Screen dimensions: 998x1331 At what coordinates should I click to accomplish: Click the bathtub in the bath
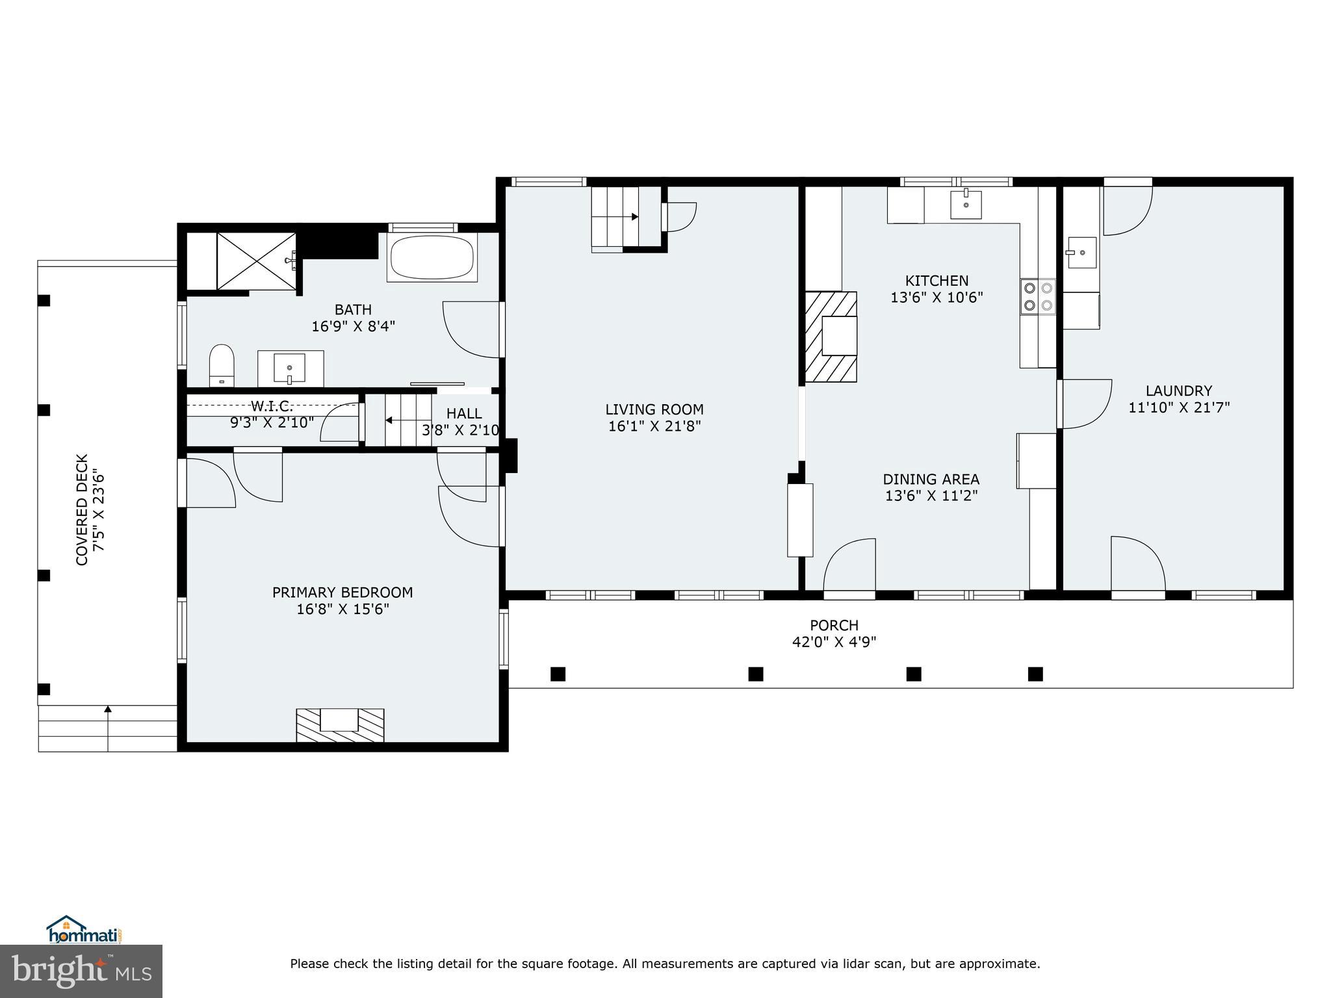coord(432,258)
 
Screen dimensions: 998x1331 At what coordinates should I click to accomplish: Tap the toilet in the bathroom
coord(221,365)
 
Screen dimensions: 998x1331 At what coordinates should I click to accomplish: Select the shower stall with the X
coord(256,261)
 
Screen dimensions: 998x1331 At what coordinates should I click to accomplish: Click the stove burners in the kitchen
coord(1037,296)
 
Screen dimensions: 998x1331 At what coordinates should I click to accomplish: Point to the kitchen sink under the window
coord(966,204)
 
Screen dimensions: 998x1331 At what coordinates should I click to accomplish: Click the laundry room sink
coord(1081,252)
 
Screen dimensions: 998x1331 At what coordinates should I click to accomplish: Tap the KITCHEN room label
coord(937,281)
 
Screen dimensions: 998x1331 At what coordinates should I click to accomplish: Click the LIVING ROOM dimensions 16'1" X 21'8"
coord(654,427)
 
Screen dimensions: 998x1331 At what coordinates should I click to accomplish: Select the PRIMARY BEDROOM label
coord(342,593)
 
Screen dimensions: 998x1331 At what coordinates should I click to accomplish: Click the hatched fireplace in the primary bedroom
coord(340,725)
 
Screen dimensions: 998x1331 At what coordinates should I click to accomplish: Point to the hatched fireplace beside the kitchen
coord(831,336)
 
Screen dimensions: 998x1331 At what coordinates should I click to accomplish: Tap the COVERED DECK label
coord(82,509)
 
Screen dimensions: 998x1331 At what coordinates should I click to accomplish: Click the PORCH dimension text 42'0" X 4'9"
coord(834,642)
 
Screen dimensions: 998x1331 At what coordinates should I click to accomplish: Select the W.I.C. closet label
coord(272,407)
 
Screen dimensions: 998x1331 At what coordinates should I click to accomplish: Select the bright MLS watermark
coord(81,971)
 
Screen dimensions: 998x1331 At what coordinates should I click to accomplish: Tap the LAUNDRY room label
coord(1178,391)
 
